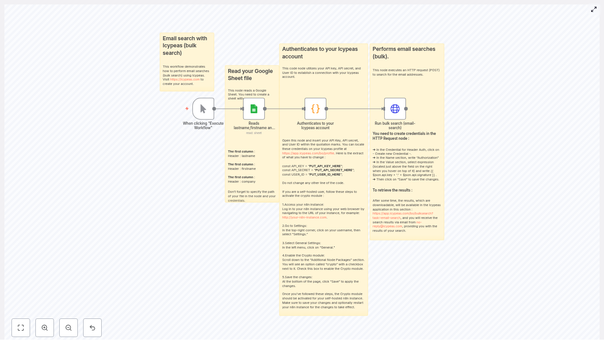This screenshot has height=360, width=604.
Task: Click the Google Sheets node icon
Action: [254, 109]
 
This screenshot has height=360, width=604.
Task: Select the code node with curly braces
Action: [315, 109]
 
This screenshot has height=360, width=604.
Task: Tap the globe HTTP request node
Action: [395, 109]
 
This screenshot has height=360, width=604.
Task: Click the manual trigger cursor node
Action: [203, 109]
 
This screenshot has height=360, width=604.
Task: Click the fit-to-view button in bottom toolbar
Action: [21, 328]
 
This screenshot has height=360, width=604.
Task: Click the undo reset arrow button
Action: [92, 328]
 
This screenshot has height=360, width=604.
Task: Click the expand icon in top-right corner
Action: [594, 9]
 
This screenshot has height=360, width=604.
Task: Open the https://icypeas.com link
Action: [185, 80]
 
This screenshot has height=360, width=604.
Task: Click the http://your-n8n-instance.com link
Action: [304, 218]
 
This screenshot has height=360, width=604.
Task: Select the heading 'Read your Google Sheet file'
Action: [250, 75]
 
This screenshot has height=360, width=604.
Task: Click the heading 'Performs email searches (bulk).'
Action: [404, 53]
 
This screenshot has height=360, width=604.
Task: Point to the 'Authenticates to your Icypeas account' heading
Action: [320, 53]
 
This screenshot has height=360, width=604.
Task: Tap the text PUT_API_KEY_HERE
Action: [325, 166]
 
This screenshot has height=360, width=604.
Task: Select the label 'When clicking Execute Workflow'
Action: [203, 126]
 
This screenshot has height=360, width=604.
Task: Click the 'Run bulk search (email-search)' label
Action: [395, 126]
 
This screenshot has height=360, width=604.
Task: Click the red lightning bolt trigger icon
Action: [187, 109]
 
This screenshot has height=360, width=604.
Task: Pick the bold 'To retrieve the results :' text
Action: [392, 190]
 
